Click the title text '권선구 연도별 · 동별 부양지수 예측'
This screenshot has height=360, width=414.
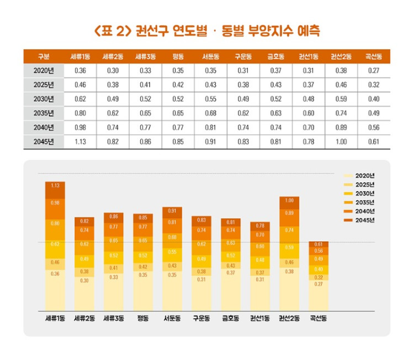pos(207,29)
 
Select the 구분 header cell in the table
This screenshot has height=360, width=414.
pos(44,56)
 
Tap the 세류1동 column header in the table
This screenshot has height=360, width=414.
pos(80,56)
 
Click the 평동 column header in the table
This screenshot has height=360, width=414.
pos(178,56)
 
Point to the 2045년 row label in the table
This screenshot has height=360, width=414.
pos(44,141)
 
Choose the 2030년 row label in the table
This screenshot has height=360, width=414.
pos(44,99)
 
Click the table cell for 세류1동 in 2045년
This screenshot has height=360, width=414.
pos(80,141)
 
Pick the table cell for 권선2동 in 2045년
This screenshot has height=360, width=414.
pos(341,141)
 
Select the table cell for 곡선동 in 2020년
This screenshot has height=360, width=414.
pos(374,71)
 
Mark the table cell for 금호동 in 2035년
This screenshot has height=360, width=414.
pos(275,113)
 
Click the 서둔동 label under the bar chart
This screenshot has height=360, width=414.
pos(172,319)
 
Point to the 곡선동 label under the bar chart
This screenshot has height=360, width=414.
pos(319,319)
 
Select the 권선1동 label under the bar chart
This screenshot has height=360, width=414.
pos(260,319)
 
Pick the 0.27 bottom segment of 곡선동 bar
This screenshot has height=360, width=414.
pos(319,295)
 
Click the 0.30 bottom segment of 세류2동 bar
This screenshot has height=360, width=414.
pos(84,293)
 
